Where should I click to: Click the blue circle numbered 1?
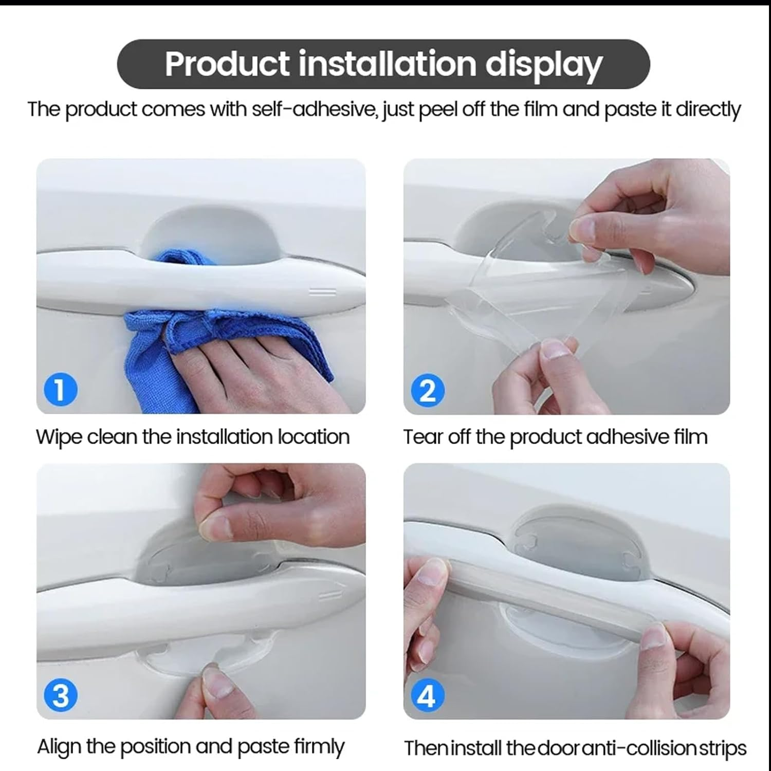[x=61, y=390]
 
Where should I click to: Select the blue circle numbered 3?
[x=61, y=696]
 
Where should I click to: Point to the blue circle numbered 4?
[x=427, y=696]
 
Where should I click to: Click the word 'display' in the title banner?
[x=543, y=65]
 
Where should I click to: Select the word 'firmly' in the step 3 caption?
[x=319, y=746]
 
